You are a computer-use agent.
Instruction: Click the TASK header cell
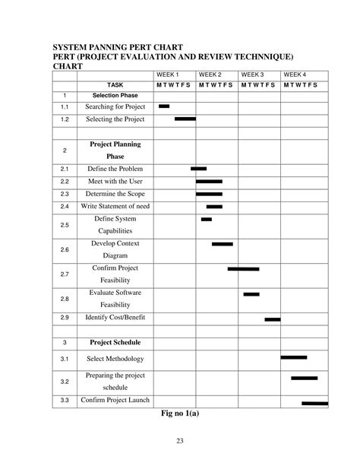click(115, 85)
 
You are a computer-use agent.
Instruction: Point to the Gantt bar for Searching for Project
click(164, 106)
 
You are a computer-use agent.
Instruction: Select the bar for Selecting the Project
click(185, 119)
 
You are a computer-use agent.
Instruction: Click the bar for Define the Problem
click(199, 168)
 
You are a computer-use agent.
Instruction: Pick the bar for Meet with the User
click(209, 182)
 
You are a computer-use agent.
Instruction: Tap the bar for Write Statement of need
click(214, 206)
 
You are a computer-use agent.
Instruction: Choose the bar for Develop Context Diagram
click(223, 244)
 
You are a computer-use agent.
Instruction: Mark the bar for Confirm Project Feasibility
click(243, 268)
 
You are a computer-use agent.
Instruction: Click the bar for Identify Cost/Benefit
click(273, 319)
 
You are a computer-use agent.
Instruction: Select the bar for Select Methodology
click(294, 357)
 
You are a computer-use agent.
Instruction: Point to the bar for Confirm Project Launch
click(314, 403)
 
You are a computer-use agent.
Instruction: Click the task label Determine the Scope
click(115, 194)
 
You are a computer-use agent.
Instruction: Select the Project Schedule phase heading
click(115, 342)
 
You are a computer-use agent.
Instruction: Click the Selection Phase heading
click(115, 96)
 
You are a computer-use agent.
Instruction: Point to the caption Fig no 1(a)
click(181, 414)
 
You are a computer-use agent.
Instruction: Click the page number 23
click(181, 443)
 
